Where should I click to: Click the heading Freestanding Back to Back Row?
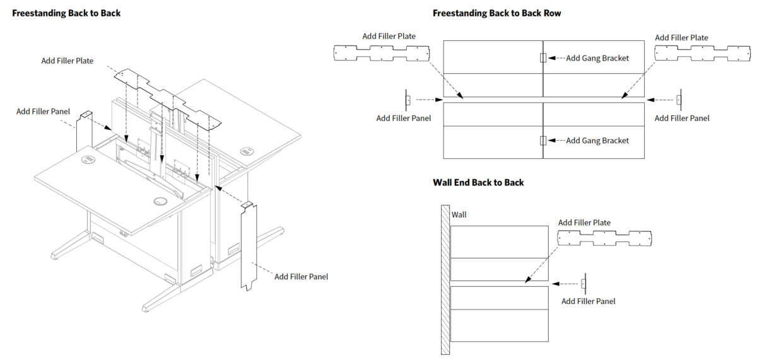pos(496,13)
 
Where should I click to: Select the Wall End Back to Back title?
pos(478,183)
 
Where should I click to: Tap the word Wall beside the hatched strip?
pos(459,215)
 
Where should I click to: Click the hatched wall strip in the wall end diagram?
pos(445,280)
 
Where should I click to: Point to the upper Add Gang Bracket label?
pos(597,58)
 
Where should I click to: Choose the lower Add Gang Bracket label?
pos(597,141)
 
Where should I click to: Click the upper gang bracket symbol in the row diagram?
pos(543,58)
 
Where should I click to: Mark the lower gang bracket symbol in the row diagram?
pos(543,141)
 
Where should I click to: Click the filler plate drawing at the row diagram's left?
pos(382,53)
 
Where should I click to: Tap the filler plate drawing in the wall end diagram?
pos(604,238)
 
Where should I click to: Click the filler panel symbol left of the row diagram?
pos(408,100)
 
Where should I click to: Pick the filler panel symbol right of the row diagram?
pos(679,100)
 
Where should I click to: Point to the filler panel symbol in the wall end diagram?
pos(584,284)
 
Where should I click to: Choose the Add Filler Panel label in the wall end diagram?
pos(588,301)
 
